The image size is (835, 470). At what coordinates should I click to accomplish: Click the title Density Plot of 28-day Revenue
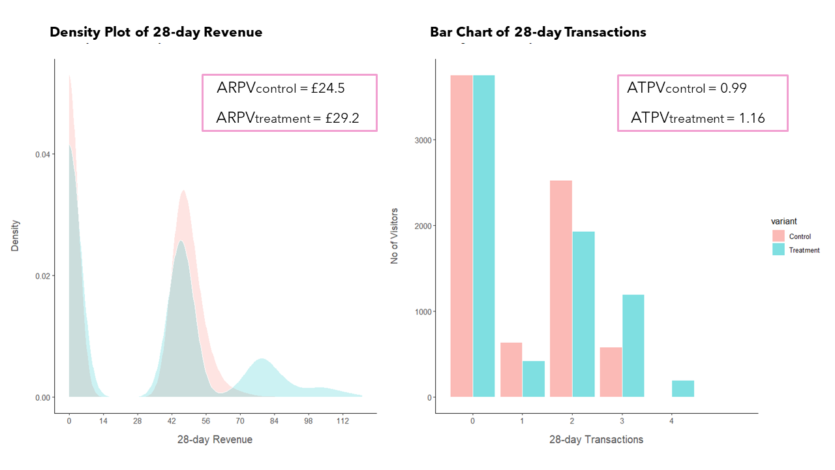click(x=156, y=32)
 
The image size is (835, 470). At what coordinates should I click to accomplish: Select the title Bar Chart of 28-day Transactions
click(x=538, y=32)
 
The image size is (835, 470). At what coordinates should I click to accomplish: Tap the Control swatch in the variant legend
click(x=778, y=236)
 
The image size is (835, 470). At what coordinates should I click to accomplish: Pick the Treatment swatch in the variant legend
click(x=778, y=249)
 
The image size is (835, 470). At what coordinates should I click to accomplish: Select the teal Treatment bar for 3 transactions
click(x=633, y=346)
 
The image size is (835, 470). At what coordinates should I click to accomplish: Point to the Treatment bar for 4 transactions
click(x=683, y=388)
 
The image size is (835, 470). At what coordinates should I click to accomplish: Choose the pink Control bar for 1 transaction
click(x=511, y=369)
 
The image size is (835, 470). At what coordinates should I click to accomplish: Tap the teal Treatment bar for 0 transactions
click(x=484, y=236)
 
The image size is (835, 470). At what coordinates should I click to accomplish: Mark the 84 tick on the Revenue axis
click(x=275, y=421)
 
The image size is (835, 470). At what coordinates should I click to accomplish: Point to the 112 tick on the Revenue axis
click(x=342, y=421)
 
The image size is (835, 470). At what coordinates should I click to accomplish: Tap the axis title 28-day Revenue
click(x=215, y=439)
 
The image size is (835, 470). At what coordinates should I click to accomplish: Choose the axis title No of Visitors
click(x=395, y=236)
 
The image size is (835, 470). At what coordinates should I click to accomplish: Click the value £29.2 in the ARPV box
click(x=341, y=118)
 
